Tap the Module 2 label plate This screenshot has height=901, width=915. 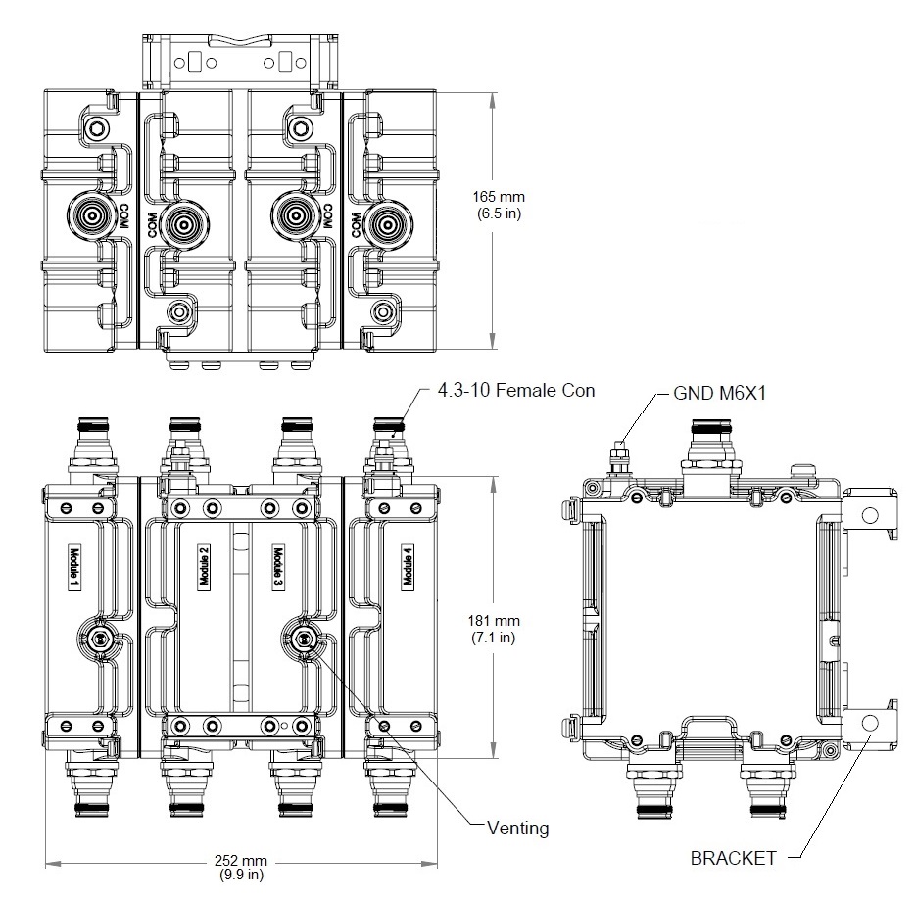204,567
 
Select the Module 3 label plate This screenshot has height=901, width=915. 278,567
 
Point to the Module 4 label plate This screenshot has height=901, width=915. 408,567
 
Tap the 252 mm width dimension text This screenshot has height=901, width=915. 241,867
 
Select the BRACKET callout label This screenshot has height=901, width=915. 734,858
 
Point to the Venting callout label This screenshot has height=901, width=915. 518,828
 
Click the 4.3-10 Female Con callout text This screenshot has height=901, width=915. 516,391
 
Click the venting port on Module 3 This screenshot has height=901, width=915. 303,639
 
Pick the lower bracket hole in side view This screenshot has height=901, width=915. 868,724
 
